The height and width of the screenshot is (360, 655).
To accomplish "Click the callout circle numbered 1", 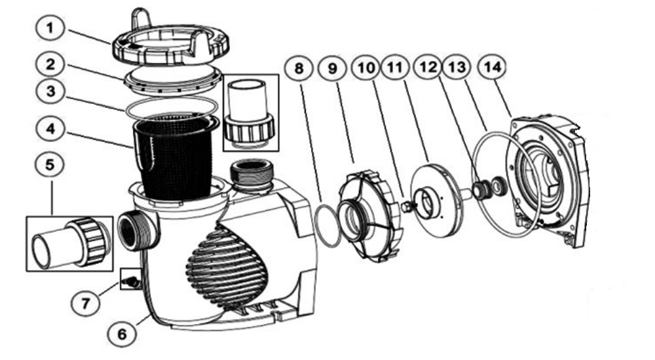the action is click(x=50, y=28).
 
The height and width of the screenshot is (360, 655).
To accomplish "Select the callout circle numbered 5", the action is click(x=50, y=165).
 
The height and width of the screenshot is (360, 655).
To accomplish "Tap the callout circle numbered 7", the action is click(x=86, y=302).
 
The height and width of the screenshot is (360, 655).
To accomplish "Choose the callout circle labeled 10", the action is click(x=366, y=67).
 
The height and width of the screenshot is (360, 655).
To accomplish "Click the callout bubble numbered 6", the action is click(x=122, y=333).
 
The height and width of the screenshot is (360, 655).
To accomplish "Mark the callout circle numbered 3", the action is click(x=50, y=92).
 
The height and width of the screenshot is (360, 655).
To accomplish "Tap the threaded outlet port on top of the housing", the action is click(x=251, y=175).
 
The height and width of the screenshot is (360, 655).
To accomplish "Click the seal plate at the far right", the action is click(x=547, y=179).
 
